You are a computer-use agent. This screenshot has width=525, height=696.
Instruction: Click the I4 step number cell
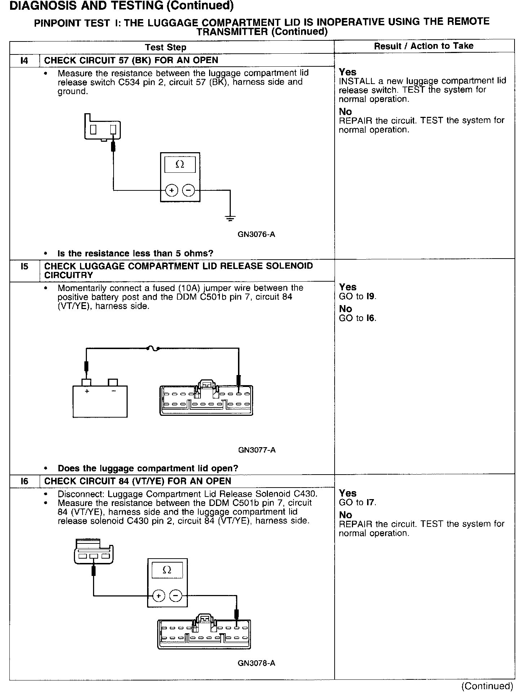(x=24, y=61)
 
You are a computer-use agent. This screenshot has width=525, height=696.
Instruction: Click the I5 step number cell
(x=24, y=267)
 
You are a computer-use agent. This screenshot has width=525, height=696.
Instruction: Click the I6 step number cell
(x=24, y=481)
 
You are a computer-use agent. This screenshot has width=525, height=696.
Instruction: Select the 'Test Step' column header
(x=166, y=47)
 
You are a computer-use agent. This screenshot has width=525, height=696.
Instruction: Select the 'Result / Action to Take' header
(x=424, y=46)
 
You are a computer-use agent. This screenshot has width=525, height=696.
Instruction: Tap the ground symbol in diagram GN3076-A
(x=230, y=217)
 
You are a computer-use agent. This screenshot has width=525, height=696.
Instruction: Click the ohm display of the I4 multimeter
(x=180, y=164)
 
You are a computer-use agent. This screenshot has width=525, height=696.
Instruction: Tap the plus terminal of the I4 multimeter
(x=172, y=190)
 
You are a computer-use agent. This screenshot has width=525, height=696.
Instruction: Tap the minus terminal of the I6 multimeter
(x=176, y=596)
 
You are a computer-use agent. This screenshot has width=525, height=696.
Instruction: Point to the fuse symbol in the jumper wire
(x=153, y=348)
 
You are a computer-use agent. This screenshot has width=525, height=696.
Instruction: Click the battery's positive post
(x=87, y=382)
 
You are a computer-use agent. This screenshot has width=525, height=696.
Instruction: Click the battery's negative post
(x=113, y=382)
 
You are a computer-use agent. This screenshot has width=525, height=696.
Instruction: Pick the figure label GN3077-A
(x=257, y=450)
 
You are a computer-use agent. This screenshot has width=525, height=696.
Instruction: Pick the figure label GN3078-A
(x=256, y=663)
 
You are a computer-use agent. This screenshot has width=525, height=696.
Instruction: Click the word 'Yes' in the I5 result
(x=348, y=287)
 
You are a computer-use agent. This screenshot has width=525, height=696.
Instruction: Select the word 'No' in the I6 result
(x=345, y=515)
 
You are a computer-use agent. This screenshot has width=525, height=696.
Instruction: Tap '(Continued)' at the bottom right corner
(x=487, y=686)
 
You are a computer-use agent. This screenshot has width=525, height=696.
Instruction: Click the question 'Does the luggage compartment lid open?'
(x=148, y=468)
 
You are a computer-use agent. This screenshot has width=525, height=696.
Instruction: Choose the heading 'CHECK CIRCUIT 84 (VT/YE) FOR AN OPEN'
(x=137, y=481)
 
